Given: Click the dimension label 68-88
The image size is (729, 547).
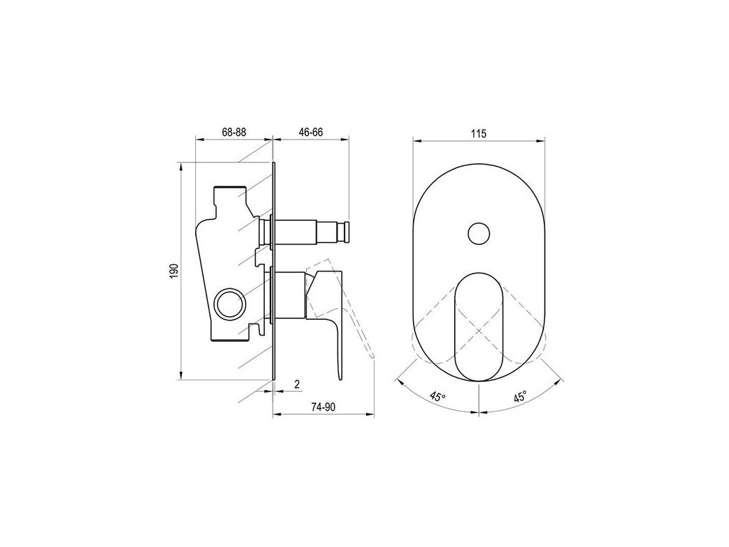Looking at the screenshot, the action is [234, 132].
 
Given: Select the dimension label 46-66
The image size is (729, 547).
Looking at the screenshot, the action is [310, 132].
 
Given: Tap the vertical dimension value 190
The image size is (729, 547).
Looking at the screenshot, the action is [174, 271].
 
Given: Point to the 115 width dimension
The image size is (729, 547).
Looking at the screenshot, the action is [478, 134].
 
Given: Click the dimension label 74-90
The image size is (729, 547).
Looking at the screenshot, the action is [323, 407].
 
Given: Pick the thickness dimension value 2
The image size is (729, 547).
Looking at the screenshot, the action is [297, 384].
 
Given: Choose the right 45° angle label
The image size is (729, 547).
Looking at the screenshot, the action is [520, 397].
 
